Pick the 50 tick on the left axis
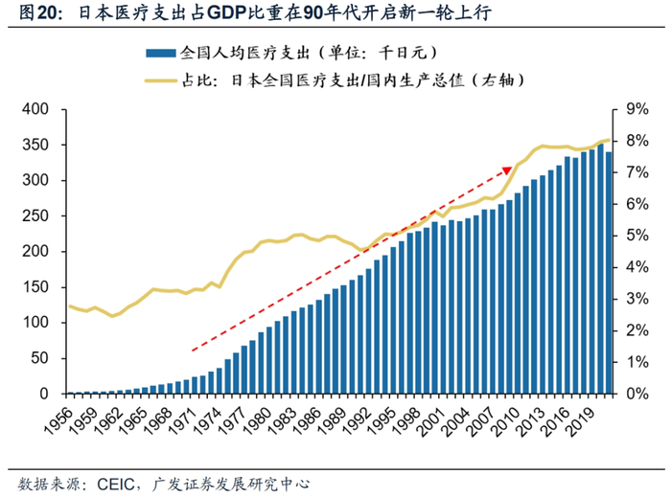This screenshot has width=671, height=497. pos(38,358)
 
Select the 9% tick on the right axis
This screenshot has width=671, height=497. pos(637,109)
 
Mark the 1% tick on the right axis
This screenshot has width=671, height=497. pos(637,362)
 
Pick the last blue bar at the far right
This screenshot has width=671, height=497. pos(608,273)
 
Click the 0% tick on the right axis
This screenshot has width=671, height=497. pos(637,394)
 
